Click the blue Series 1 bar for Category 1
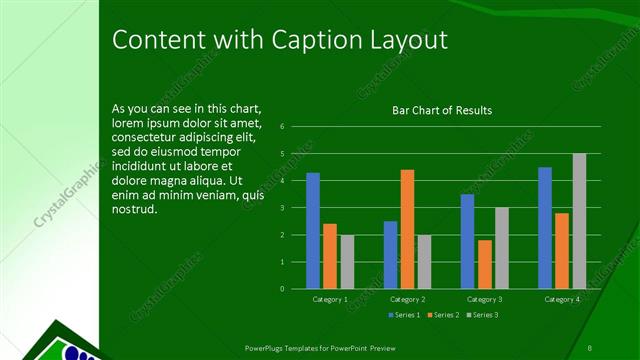coord(313,231)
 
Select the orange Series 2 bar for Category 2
coord(407,229)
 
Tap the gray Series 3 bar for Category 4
coord(579,221)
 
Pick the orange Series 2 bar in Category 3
coord(485,264)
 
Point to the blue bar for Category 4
coord(545,228)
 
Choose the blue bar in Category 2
coord(390,255)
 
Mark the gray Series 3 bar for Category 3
coord(502,248)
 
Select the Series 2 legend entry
coord(442,316)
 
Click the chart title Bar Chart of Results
coord(441,110)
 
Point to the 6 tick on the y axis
coord(283,127)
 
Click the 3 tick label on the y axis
coord(283,208)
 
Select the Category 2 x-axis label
coord(408,300)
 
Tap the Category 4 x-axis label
coord(562,300)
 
